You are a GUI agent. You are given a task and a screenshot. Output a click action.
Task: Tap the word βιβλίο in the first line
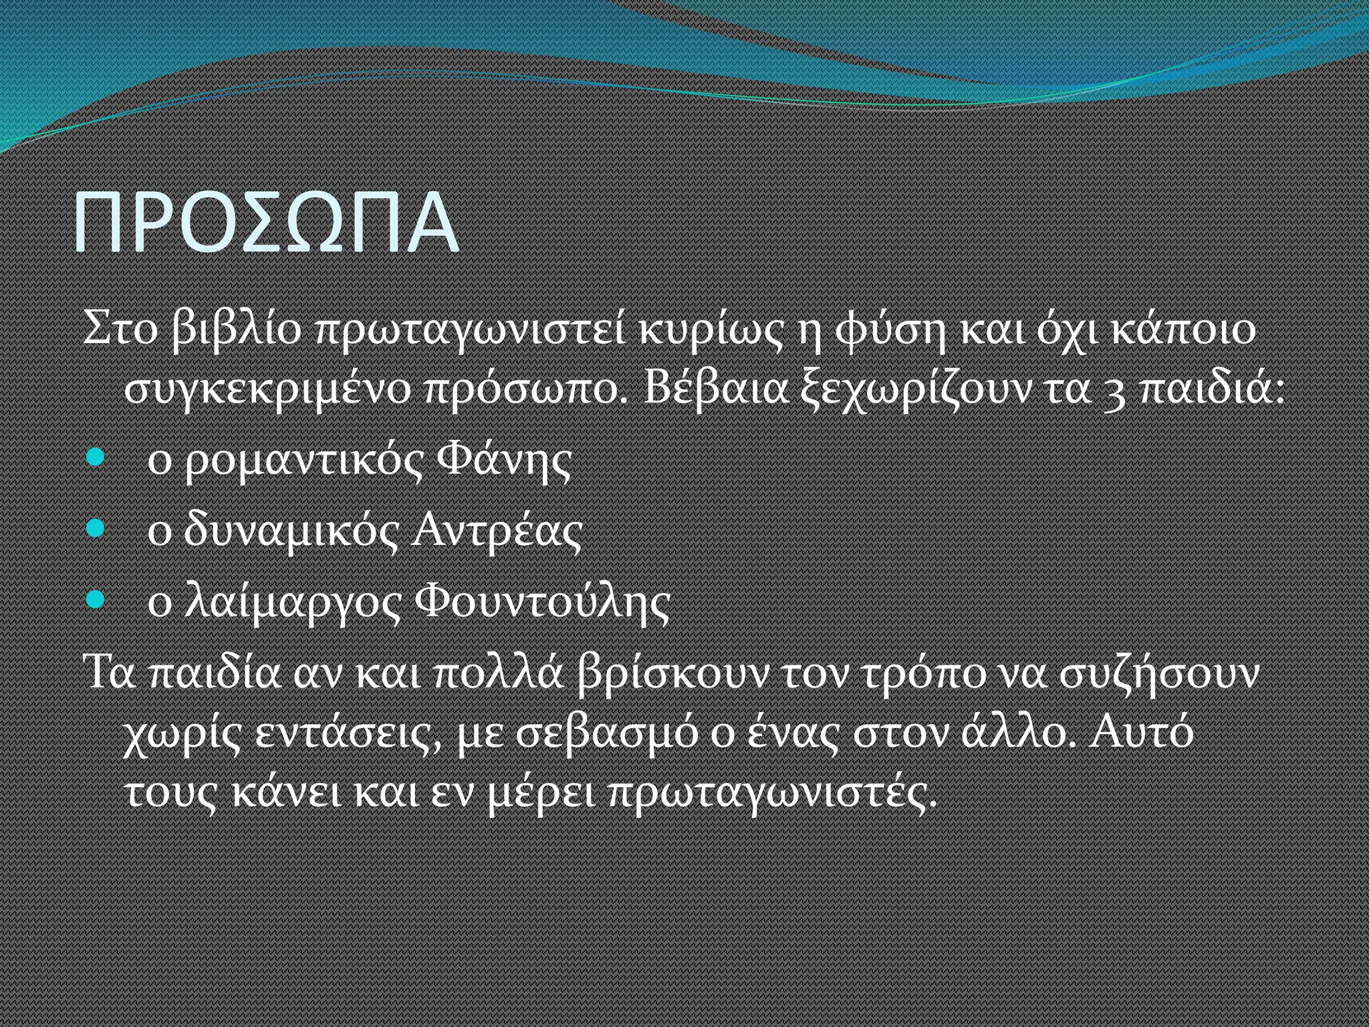237,330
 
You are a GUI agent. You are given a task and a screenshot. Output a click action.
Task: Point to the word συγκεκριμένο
267,389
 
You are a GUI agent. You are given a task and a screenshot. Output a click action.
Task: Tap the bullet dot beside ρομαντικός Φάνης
96,458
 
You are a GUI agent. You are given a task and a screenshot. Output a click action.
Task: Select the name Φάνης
504,460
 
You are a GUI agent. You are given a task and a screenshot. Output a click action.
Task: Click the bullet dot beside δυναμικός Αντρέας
96,529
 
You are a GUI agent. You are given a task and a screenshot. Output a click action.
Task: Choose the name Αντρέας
496,531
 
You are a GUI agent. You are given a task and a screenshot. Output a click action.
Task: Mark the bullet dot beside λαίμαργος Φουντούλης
96,599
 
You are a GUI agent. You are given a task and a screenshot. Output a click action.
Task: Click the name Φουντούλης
542,601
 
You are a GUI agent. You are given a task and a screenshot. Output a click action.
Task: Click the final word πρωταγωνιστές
773,793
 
